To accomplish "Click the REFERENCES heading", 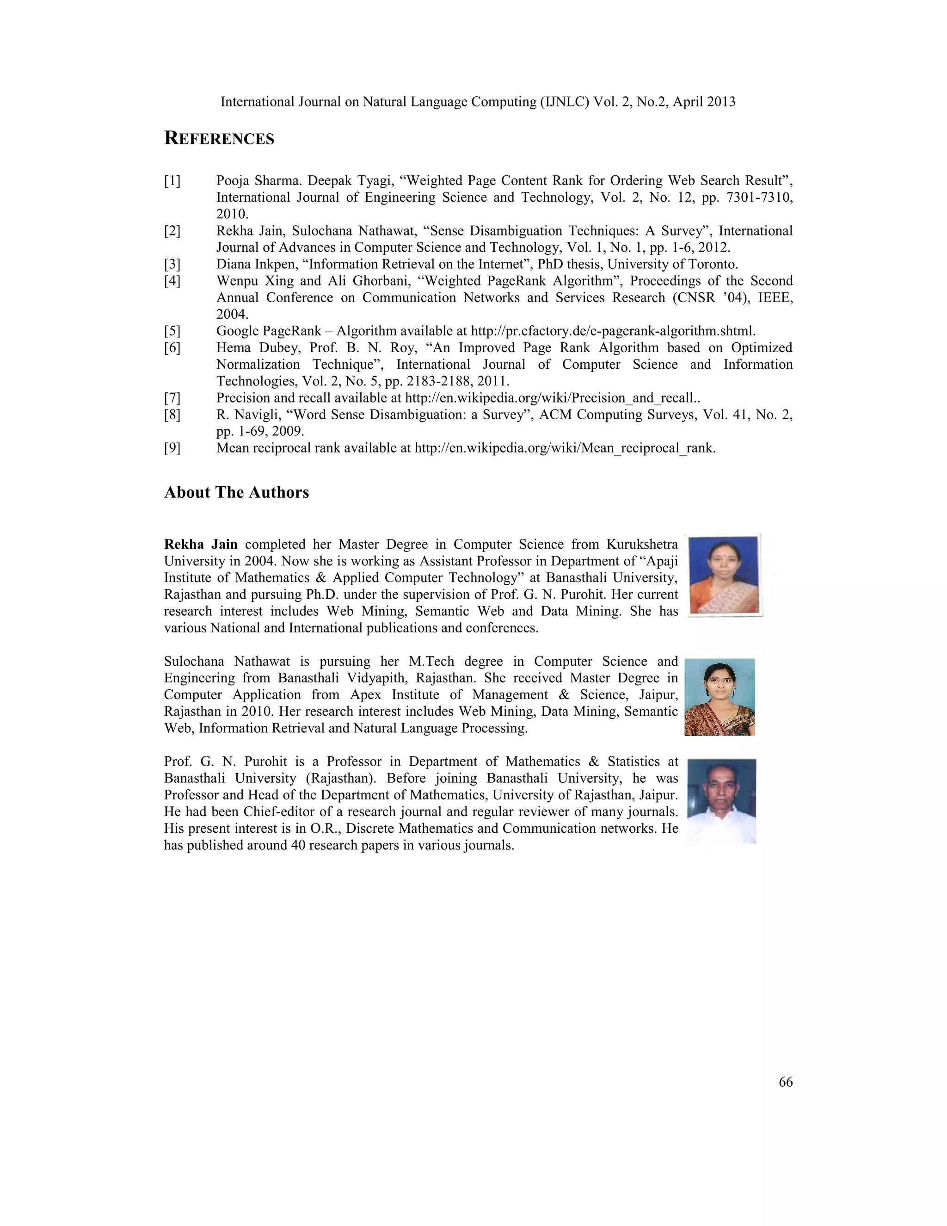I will pos(219,139).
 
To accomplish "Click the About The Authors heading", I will pos(236,492).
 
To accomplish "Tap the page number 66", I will pos(786,1082).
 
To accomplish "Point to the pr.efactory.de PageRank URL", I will pos(613,331).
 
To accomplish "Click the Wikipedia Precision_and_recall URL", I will pos(552,398).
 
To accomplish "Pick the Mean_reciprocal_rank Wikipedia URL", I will pos(565,448).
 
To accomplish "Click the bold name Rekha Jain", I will pos(200,544).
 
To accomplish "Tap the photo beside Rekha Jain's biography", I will pos(724,575).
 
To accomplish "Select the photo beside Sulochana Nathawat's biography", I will pos(720,697).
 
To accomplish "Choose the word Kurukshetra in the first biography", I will pos(642,544).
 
